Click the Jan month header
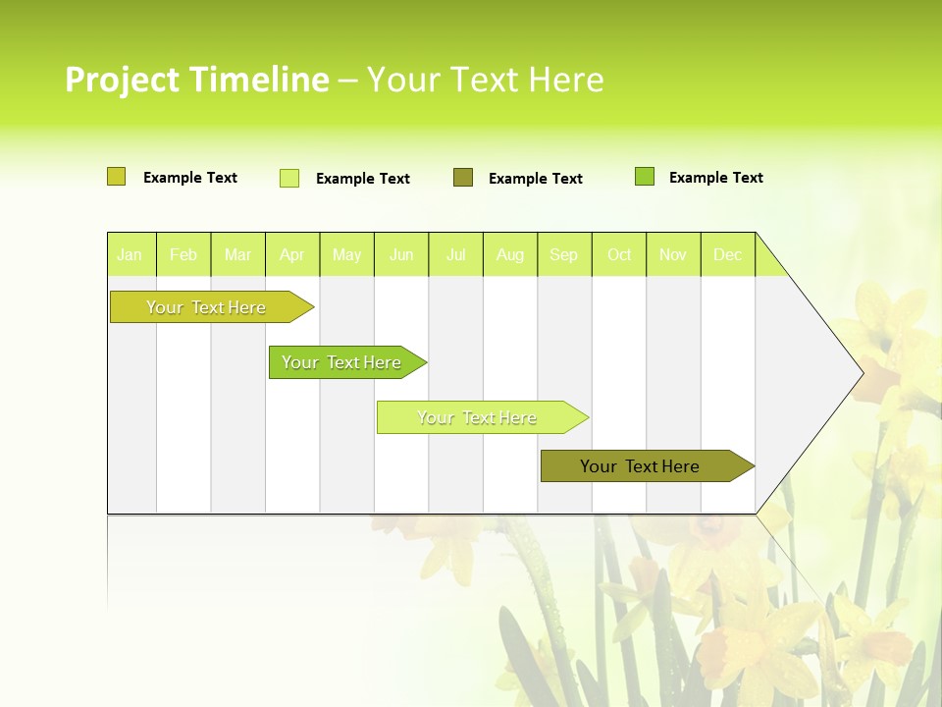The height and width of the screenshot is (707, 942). [x=131, y=255]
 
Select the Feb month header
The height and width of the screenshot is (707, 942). [x=183, y=255]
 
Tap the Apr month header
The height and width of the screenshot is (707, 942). [x=292, y=255]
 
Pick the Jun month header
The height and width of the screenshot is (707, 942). [x=401, y=255]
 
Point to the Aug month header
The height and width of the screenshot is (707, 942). [x=510, y=255]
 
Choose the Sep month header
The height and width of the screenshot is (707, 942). [x=564, y=255]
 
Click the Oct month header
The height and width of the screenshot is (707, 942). [x=619, y=255]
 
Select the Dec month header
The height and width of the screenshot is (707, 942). [x=728, y=255]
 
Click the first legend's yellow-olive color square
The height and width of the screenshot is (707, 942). [x=117, y=177]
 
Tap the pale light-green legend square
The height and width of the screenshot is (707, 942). [x=289, y=178]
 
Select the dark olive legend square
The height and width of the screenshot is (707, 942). [x=463, y=178]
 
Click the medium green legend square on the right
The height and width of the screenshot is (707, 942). [x=645, y=177]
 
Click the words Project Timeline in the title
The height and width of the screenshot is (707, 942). [x=196, y=80]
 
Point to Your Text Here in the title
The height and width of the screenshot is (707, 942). [x=486, y=80]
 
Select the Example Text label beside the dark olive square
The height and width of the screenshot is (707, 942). [x=536, y=179]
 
